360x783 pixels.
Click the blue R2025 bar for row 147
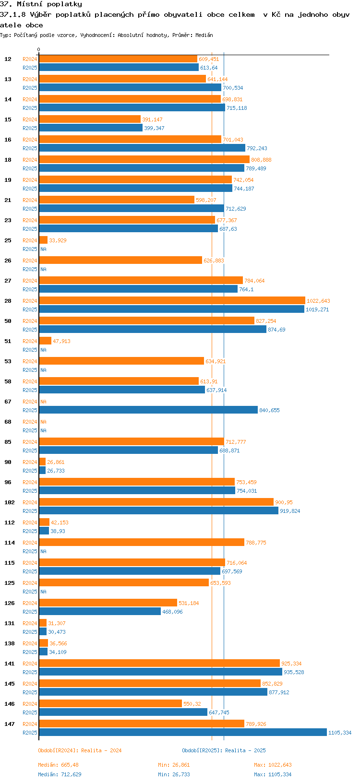[x=182, y=732]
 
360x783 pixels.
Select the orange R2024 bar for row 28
[x=172, y=300]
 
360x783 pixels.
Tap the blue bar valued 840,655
[x=148, y=410]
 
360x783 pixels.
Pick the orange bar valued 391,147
[x=90, y=119]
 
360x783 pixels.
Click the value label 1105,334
[x=339, y=733]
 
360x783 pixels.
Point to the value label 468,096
[x=172, y=612]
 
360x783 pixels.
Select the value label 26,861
[x=56, y=462]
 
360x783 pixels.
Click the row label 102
[x=10, y=502]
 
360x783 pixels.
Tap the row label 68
[x=8, y=422]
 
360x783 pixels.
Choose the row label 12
[x=8, y=59]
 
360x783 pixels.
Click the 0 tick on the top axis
[x=39, y=49]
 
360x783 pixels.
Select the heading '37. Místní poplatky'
[x=41, y=4]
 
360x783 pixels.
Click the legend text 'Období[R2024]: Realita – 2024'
[x=80, y=750]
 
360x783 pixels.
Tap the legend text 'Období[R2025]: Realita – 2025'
[x=224, y=750]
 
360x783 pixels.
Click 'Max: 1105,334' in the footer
[x=273, y=774]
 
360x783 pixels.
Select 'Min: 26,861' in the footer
[x=174, y=765]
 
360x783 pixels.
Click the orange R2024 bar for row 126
[x=108, y=603]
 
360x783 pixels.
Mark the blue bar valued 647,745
[x=123, y=712]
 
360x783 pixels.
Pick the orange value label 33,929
[x=58, y=240]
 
